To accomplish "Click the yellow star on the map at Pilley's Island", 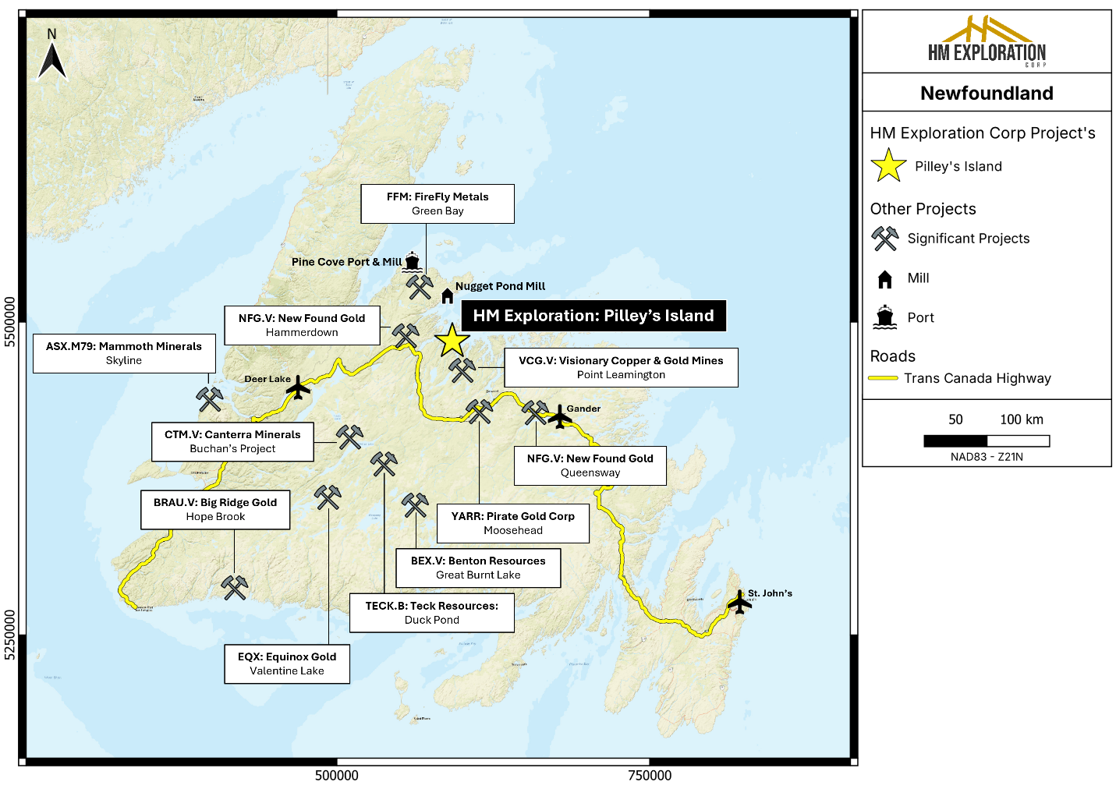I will pos(452,341).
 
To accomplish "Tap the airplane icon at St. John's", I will pos(738,602).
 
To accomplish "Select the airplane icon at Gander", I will pos(559,416).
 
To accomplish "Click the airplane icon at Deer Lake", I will pos(297,387).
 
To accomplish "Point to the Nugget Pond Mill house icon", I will pos(447,295).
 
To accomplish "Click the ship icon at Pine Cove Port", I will pos(412,262).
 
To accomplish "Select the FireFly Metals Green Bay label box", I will pos(438,204).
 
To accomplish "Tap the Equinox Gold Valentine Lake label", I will pos(287,663).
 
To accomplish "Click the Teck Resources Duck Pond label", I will pos(432,613).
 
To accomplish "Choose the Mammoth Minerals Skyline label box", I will pos(124,353).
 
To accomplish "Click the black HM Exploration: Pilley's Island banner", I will pos(593,316).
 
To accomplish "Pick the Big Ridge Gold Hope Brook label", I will pos(215,510).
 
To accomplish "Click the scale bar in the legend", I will pos(986,441).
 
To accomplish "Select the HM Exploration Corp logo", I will pos(987,42).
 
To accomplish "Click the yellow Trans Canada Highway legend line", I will pos(884,379).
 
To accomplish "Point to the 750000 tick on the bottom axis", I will pos(650,775).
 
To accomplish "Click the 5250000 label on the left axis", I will pos(10,635).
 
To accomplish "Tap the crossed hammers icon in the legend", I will pos(885,239).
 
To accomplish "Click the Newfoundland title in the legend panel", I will pos(987,94).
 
